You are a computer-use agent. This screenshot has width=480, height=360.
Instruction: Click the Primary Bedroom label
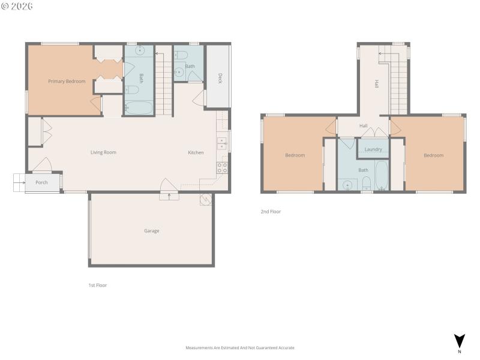pyautogui.click(x=67, y=81)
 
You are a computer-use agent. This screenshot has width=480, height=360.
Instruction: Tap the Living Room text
pyautogui.click(x=103, y=152)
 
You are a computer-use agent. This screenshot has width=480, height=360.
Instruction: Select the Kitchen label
pyautogui.click(x=196, y=152)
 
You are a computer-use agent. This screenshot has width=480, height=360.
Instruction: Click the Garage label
pyautogui.click(x=151, y=230)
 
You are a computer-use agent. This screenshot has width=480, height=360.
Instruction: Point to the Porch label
pyautogui.click(x=41, y=182)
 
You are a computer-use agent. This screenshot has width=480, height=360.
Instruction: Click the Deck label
pyautogui.click(x=220, y=78)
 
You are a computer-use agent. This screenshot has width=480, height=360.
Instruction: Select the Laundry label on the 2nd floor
pyautogui.click(x=373, y=149)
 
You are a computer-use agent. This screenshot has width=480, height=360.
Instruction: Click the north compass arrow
pyautogui.click(x=459, y=341)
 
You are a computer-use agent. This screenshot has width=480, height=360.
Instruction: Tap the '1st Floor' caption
pyautogui.click(x=97, y=285)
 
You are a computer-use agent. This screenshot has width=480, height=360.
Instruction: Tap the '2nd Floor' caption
pyautogui.click(x=271, y=211)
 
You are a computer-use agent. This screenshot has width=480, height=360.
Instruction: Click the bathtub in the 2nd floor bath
pyautogui.click(x=382, y=175)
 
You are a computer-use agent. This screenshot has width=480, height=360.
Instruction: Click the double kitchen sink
pyautogui.click(x=221, y=143)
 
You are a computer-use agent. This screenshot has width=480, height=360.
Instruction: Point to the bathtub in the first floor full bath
pyautogui.click(x=139, y=108)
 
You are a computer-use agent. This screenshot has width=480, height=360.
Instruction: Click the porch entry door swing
pyautogui.click(x=42, y=163)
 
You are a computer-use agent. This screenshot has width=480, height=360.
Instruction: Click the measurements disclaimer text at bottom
pyautogui.click(x=240, y=347)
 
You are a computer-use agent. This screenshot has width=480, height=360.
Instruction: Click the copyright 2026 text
pyautogui.click(x=17, y=6)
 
